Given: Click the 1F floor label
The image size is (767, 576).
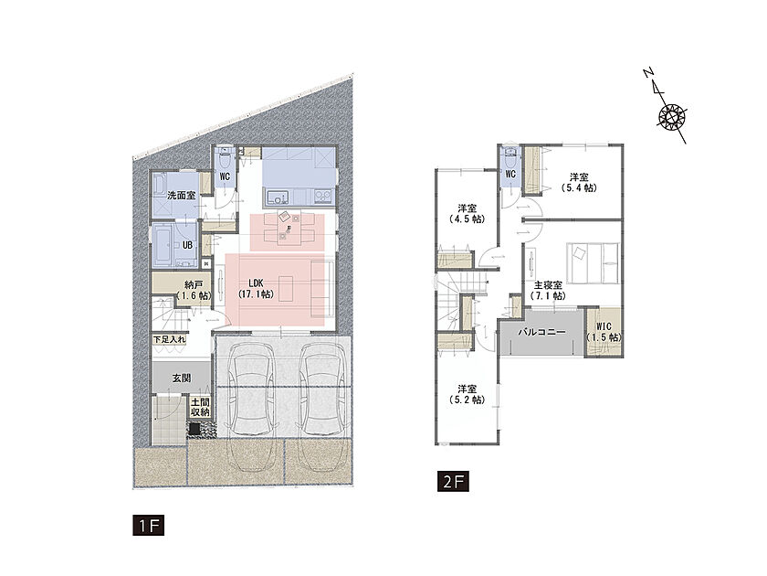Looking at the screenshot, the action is click(x=148, y=525).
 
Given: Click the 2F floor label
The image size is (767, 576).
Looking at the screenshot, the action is click(x=454, y=481).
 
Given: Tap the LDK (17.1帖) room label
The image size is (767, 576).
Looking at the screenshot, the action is click(x=256, y=289).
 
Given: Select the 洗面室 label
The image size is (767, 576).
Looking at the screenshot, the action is click(x=182, y=195).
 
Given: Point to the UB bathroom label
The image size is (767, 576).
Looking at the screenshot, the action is click(x=187, y=245).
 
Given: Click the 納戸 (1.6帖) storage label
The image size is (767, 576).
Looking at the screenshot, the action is click(x=194, y=291).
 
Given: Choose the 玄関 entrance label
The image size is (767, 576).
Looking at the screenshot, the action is click(x=182, y=379).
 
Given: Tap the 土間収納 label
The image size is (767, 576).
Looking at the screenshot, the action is click(x=200, y=408).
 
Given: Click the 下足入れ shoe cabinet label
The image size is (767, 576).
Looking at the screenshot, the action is click(x=169, y=339).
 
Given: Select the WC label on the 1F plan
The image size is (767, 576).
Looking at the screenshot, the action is click(x=225, y=176).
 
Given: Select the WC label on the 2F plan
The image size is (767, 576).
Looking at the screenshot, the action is click(x=510, y=174).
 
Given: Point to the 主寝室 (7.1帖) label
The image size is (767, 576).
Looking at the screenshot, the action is click(x=547, y=291).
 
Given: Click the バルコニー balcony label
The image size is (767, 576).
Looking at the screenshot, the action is click(x=542, y=332).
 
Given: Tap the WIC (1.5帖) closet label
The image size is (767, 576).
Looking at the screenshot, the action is click(x=604, y=332).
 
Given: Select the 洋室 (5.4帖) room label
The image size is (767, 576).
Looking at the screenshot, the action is click(x=579, y=182).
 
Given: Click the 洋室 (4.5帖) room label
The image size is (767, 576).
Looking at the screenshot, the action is click(x=468, y=214).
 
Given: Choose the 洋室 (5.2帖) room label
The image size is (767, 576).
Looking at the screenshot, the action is click(x=468, y=394).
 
